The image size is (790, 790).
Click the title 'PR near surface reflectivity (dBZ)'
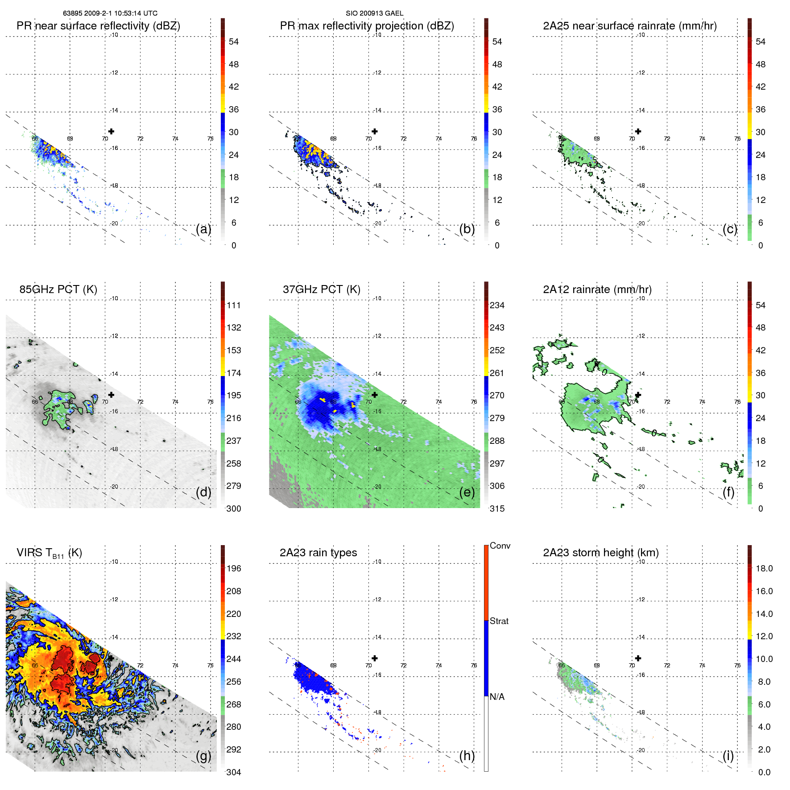[x=98, y=26]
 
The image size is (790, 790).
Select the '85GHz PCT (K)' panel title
[x=58, y=290]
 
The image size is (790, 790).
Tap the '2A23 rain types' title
[x=318, y=553]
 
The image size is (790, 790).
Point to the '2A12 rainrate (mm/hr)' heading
[x=597, y=290]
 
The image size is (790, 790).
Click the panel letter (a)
[x=203, y=229]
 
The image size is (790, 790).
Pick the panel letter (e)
[x=467, y=492]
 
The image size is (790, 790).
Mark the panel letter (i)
[x=728, y=756]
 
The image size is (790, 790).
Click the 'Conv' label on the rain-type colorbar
[x=500, y=546]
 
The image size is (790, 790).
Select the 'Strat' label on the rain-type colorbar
[x=499, y=621]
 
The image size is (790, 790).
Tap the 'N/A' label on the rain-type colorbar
[x=497, y=697]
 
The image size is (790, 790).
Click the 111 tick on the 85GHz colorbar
[x=233, y=305]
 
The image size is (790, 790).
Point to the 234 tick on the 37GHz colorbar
[x=497, y=305]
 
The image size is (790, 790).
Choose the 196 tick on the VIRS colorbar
[x=233, y=568]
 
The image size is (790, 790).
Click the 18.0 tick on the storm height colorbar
[x=764, y=568]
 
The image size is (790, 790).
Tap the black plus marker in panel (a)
[x=111, y=131]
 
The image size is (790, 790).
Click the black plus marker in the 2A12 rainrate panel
[x=638, y=395]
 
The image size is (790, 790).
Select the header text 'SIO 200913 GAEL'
[x=374, y=13]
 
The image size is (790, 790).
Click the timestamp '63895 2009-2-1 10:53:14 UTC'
[x=110, y=13]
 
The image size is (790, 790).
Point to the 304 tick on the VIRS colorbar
[x=233, y=772]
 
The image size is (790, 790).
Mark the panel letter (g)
[x=203, y=756]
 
